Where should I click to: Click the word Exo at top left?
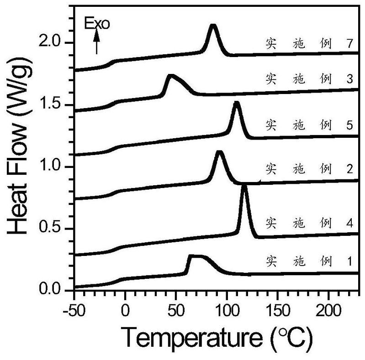pyautogui.click(x=98, y=24)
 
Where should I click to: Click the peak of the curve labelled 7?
pyautogui.click(x=212, y=27)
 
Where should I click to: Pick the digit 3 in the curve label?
pyautogui.click(x=349, y=78)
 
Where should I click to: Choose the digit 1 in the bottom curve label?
pyautogui.click(x=349, y=262)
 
